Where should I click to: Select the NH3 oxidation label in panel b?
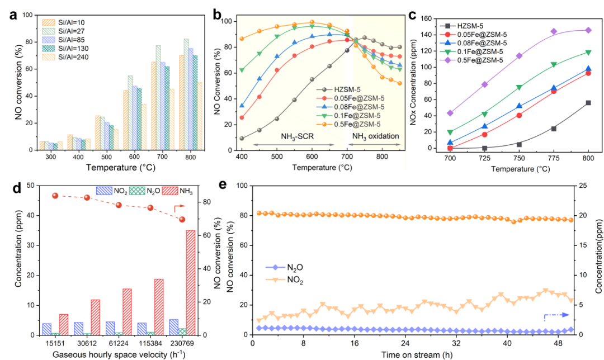pyautogui.click(x=376, y=136)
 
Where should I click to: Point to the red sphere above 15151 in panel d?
pyautogui.click(x=55, y=196)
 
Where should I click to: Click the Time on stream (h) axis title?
pyautogui.click(x=414, y=354)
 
